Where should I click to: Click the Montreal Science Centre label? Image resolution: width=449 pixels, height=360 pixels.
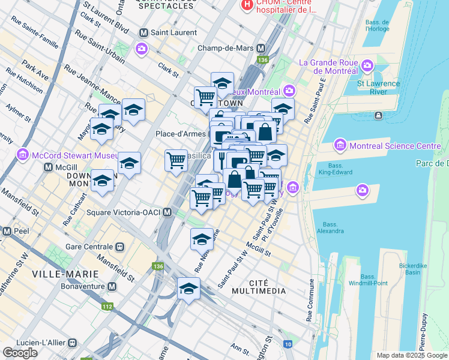point(394,146)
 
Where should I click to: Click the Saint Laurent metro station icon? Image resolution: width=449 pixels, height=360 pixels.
point(143,32)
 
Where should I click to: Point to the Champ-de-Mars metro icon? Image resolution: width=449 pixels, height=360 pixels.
point(261,48)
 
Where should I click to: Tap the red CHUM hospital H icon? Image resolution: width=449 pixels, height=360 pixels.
point(246,6)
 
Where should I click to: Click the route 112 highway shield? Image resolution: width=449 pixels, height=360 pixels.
point(107,307)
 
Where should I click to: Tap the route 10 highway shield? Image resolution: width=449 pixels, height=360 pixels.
point(289,344)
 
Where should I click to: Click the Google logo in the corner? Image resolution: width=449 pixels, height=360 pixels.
point(20,353)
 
